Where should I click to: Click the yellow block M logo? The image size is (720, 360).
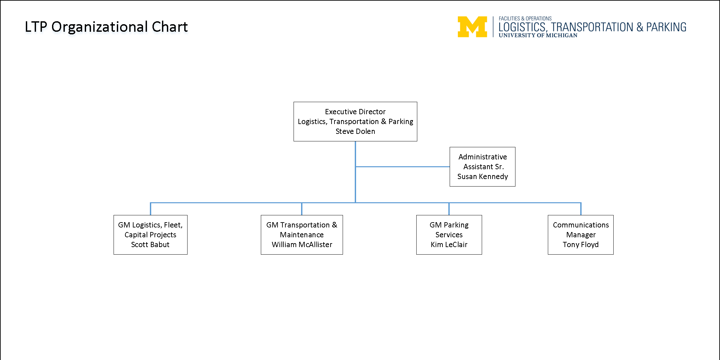472,27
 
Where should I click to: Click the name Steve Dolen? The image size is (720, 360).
355,132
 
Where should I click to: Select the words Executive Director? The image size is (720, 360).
355,112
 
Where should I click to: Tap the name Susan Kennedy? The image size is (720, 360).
482,177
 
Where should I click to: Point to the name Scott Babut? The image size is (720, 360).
150,245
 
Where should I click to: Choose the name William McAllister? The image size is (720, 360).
302,245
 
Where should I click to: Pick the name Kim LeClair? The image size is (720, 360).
449,245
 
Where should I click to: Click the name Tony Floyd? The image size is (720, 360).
581,245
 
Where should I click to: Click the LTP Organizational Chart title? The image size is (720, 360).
106,27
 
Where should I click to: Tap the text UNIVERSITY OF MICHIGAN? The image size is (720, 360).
538,35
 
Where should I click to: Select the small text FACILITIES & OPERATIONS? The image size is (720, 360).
525,19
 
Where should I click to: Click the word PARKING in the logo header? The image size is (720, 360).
666,27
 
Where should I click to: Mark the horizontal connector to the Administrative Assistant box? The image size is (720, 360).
403,167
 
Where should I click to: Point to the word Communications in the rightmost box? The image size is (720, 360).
581,225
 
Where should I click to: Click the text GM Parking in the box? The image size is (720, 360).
449,225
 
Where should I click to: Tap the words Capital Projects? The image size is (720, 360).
150,235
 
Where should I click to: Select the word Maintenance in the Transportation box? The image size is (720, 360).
302,235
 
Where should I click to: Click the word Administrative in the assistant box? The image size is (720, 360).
482,157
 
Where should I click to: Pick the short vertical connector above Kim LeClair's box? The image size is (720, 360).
449,209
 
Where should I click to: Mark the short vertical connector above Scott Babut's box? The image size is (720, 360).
151,209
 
